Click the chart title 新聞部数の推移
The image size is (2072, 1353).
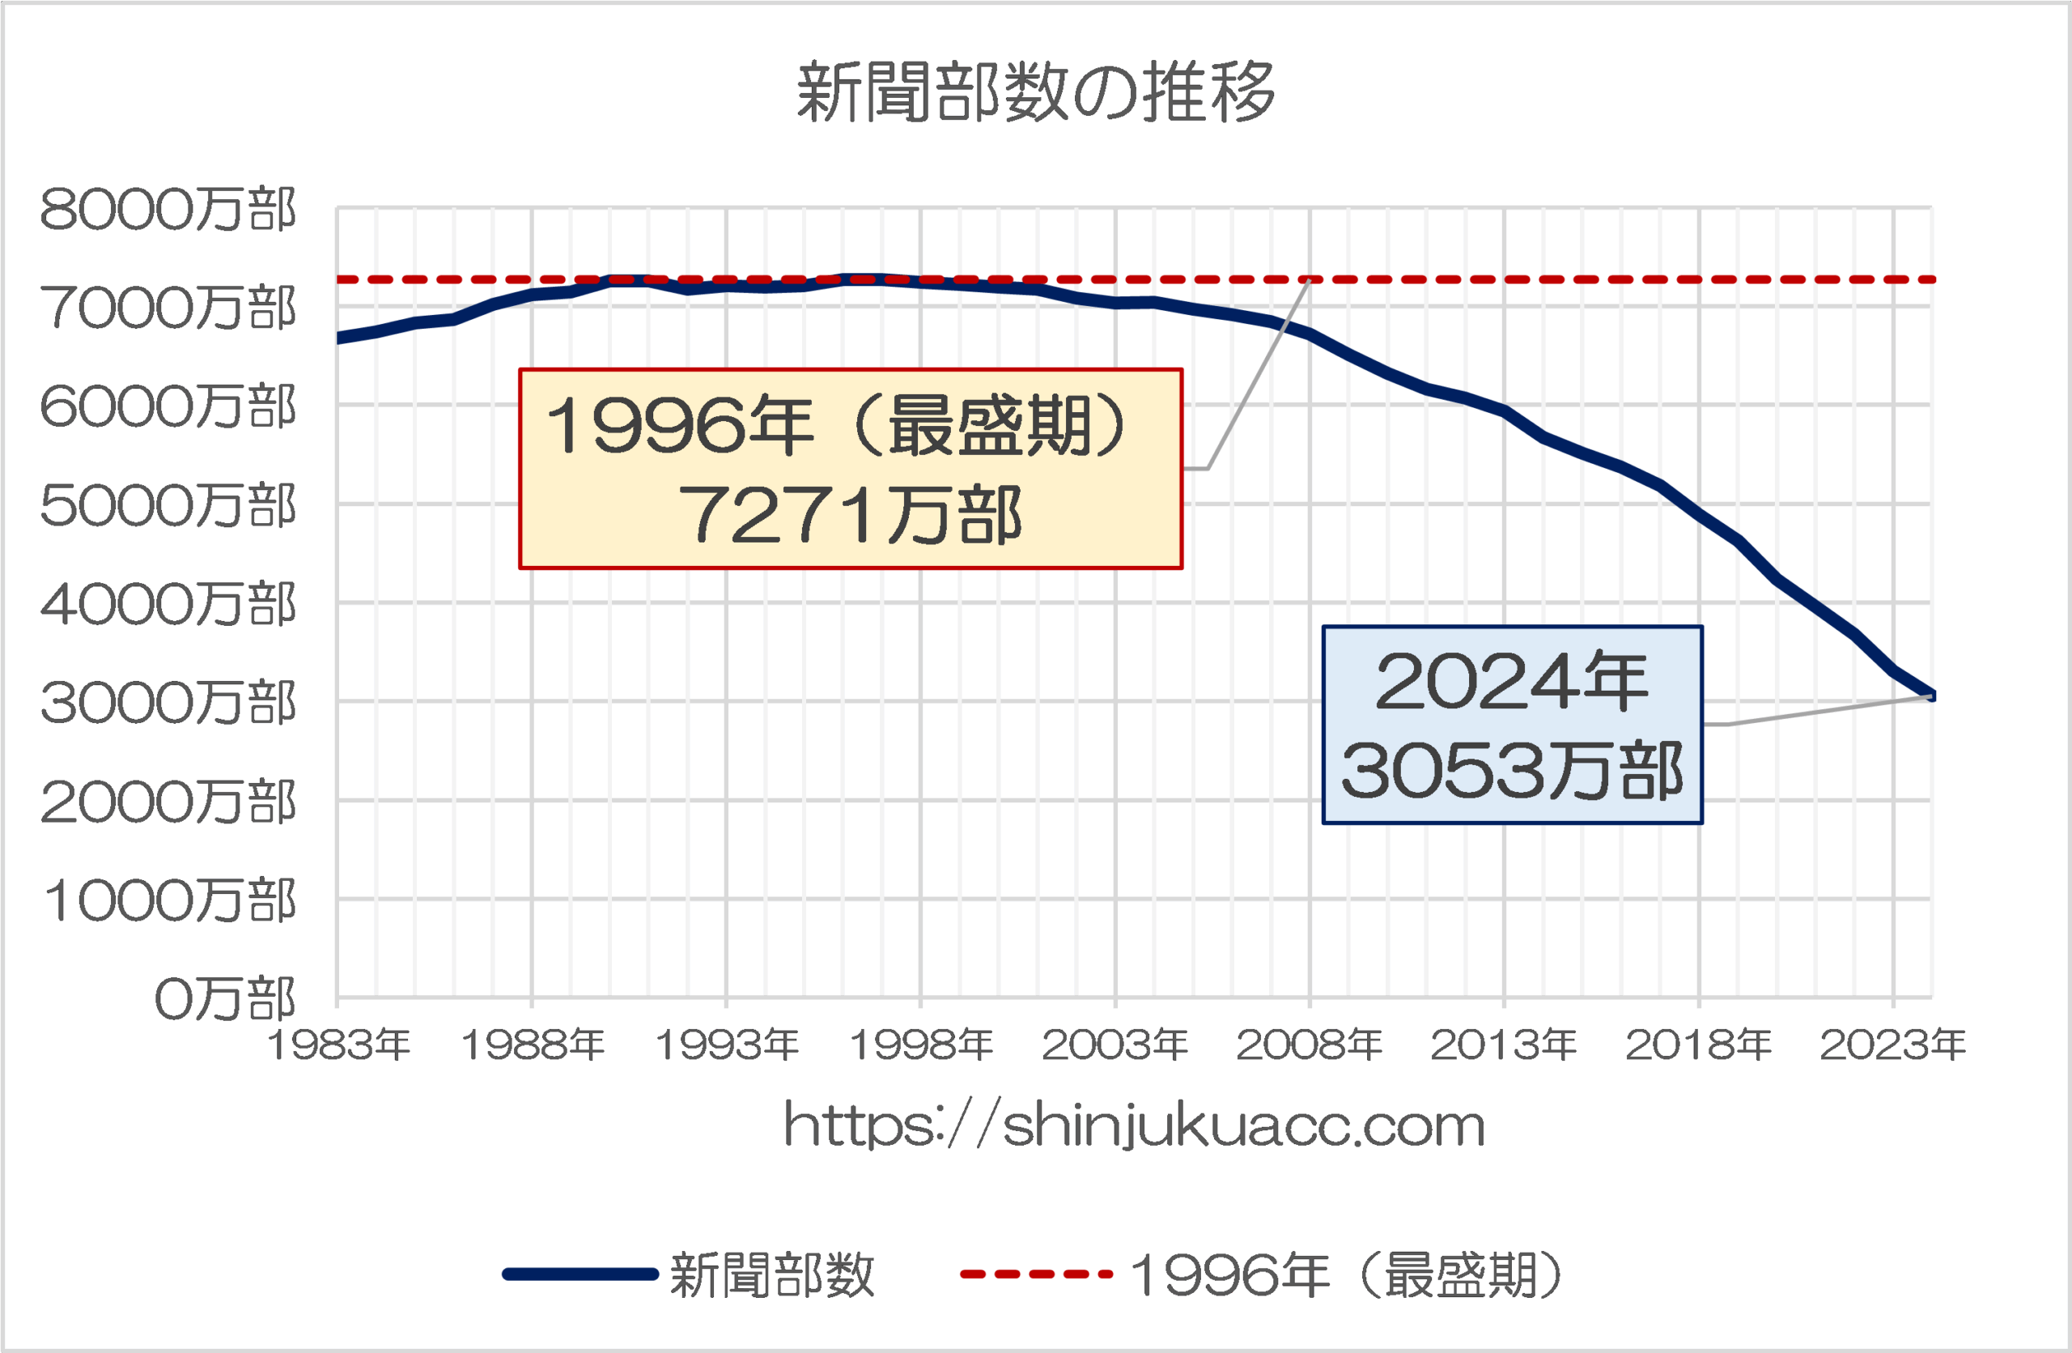(x=1035, y=92)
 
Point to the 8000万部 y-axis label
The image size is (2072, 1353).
(x=168, y=210)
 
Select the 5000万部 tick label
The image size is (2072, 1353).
(x=168, y=506)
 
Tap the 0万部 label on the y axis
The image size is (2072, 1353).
(x=225, y=998)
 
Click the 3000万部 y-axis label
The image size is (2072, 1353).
(x=168, y=703)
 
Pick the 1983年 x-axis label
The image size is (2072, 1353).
(x=338, y=1045)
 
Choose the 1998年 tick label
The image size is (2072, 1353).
(x=921, y=1045)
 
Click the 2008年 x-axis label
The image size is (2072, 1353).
(x=1310, y=1045)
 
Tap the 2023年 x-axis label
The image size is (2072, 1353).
(x=1892, y=1045)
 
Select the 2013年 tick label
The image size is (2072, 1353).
(x=1504, y=1045)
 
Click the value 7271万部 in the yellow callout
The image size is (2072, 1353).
(x=850, y=516)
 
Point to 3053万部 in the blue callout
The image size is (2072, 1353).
(x=1512, y=772)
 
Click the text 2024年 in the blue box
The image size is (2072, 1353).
(x=1512, y=682)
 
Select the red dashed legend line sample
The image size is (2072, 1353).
(x=1036, y=1274)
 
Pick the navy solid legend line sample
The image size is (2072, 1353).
(x=580, y=1274)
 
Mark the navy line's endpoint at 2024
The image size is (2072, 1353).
(x=1931, y=695)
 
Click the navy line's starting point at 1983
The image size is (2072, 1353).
(x=338, y=338)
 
